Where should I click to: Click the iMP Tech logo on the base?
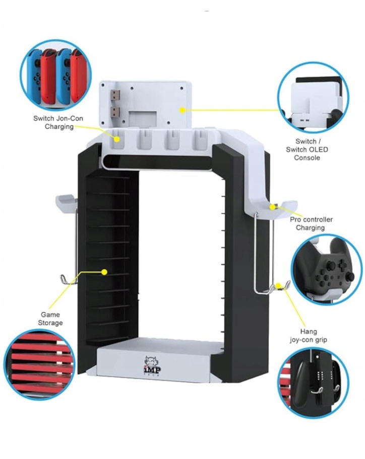(152, 365)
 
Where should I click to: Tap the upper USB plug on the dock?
(115, 95)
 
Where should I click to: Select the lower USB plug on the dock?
(115, 112)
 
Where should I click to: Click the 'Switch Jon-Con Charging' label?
(58, 122)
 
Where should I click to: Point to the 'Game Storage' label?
(50, 319)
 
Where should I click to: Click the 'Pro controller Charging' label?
(311, 223)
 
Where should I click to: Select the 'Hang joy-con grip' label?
(309, 336)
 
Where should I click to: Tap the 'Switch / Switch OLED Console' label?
(307, 149)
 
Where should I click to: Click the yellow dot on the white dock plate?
(182, 110)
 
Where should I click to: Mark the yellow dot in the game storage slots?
(104, 272)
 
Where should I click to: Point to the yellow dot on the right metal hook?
(278, 285)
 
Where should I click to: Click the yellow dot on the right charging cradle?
(273, 207)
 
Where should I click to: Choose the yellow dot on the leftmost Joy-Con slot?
(116, 139)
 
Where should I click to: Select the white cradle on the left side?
(66, 202)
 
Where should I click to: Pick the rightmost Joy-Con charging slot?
(200, 140)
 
